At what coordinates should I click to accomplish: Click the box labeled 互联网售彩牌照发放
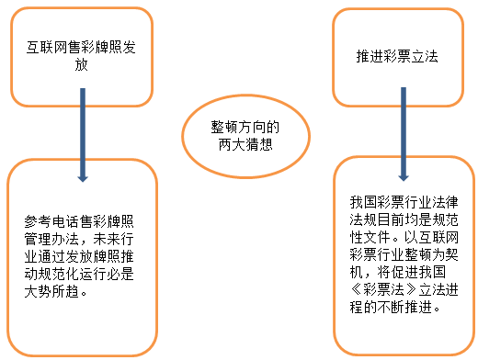(81, 55)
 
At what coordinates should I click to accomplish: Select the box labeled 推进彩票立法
(396, 55)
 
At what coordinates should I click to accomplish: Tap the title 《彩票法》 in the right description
(381, 292)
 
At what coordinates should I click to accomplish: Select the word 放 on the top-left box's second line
(82, 65)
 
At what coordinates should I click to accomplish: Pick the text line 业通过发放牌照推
(82, 256)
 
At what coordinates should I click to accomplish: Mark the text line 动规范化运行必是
(82, 275)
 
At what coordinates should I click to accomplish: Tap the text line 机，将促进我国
(393, 273)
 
